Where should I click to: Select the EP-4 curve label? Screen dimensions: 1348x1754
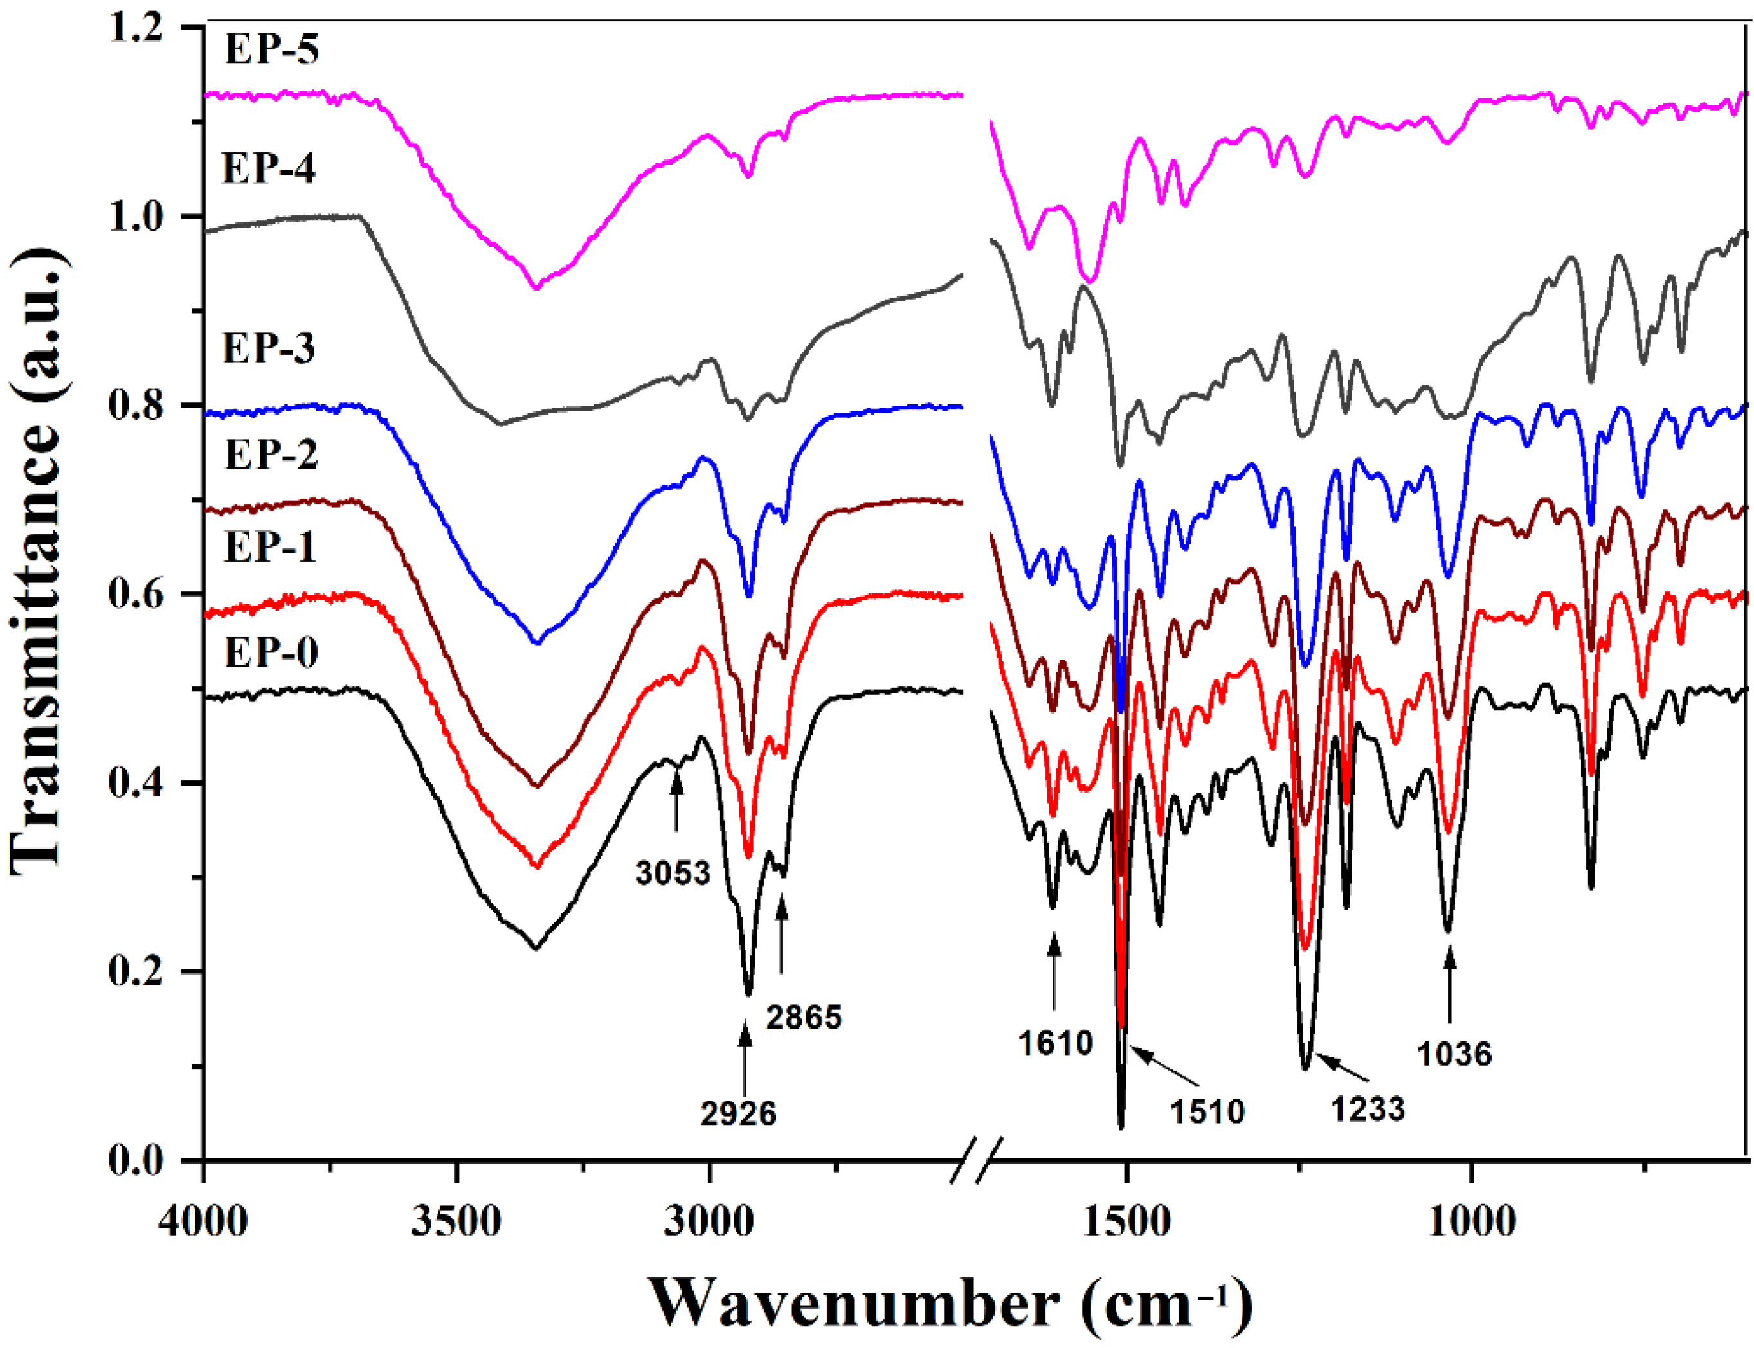click(269, 168)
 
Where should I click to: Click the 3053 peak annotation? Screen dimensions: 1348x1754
click(673, 872)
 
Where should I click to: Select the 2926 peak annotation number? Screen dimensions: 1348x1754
click(737, 1113)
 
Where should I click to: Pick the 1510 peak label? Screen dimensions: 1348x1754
click(1206, 1111)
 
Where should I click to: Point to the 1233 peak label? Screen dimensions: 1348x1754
click(1368, 1109)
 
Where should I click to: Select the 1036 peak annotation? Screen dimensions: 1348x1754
click(1454, 1054)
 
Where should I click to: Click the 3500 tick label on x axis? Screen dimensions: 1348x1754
click(456, 1222)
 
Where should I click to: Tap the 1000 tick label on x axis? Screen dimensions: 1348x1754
click(1472, 1222)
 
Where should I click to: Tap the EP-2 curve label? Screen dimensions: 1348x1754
click(271, 454)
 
